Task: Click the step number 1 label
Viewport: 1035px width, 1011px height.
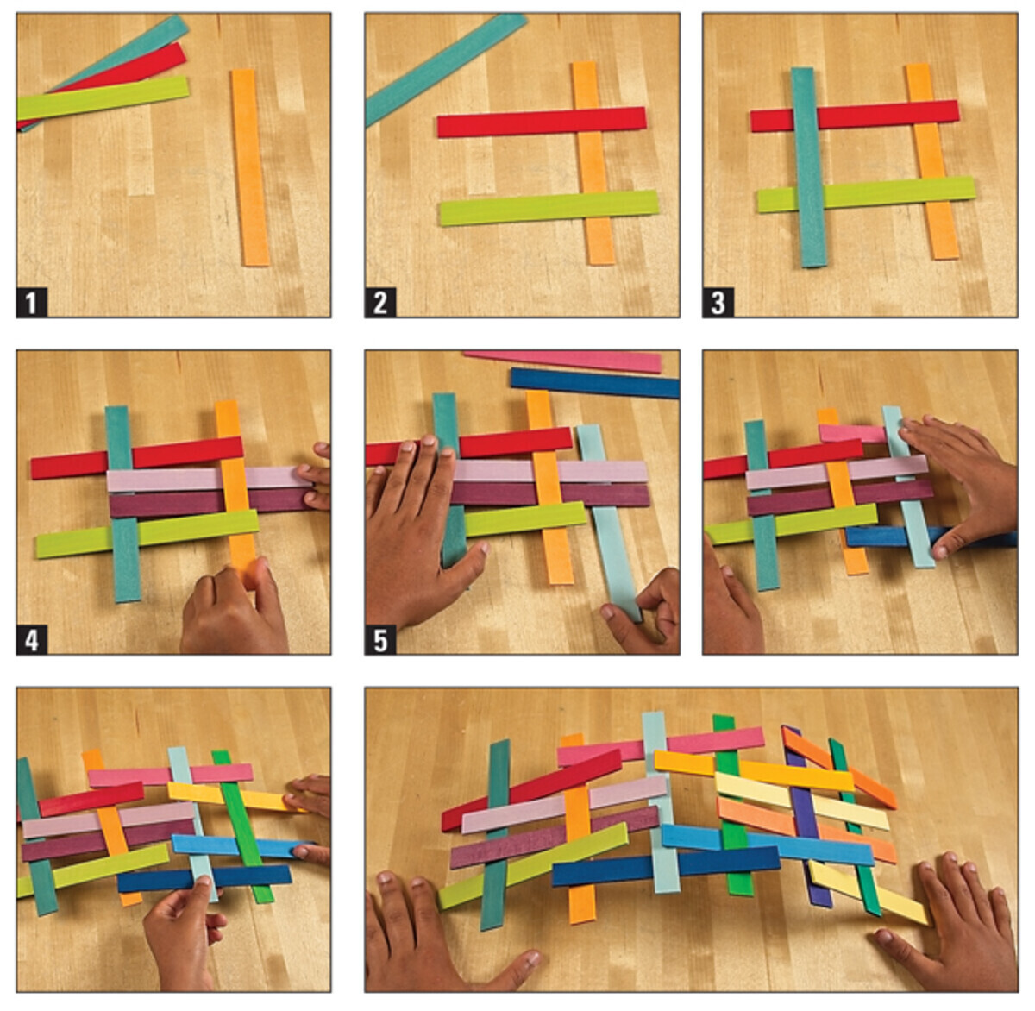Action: click(x=31, y=303)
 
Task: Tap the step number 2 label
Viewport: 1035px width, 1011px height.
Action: click(x=380, y=303)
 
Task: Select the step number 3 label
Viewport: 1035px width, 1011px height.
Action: click(x=718, y=303)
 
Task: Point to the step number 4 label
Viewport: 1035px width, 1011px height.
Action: click(x=31, y=639)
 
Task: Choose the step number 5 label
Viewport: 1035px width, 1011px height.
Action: click(x=380, y=639)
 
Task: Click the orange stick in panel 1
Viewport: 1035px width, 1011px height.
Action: click(x=250, y=167)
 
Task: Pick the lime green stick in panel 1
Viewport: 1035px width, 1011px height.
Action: click(x=103, y=97)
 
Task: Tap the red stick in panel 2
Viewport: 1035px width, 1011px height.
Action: click(x=542, y=122)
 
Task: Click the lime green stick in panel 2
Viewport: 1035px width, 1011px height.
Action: click(x=549, y=208)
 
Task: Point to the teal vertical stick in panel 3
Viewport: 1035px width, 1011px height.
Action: click(x=809, y=167)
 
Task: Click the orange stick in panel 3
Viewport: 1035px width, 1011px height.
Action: click(x=932, y=161)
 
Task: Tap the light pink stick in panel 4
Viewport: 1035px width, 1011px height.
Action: click(x=210, y=478)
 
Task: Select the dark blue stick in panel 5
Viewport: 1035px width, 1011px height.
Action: click(x=594, y=383)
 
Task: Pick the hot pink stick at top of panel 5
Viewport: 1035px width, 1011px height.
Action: click(x=563, y=361)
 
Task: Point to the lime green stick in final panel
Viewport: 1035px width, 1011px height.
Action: click(x=533, y=866)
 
